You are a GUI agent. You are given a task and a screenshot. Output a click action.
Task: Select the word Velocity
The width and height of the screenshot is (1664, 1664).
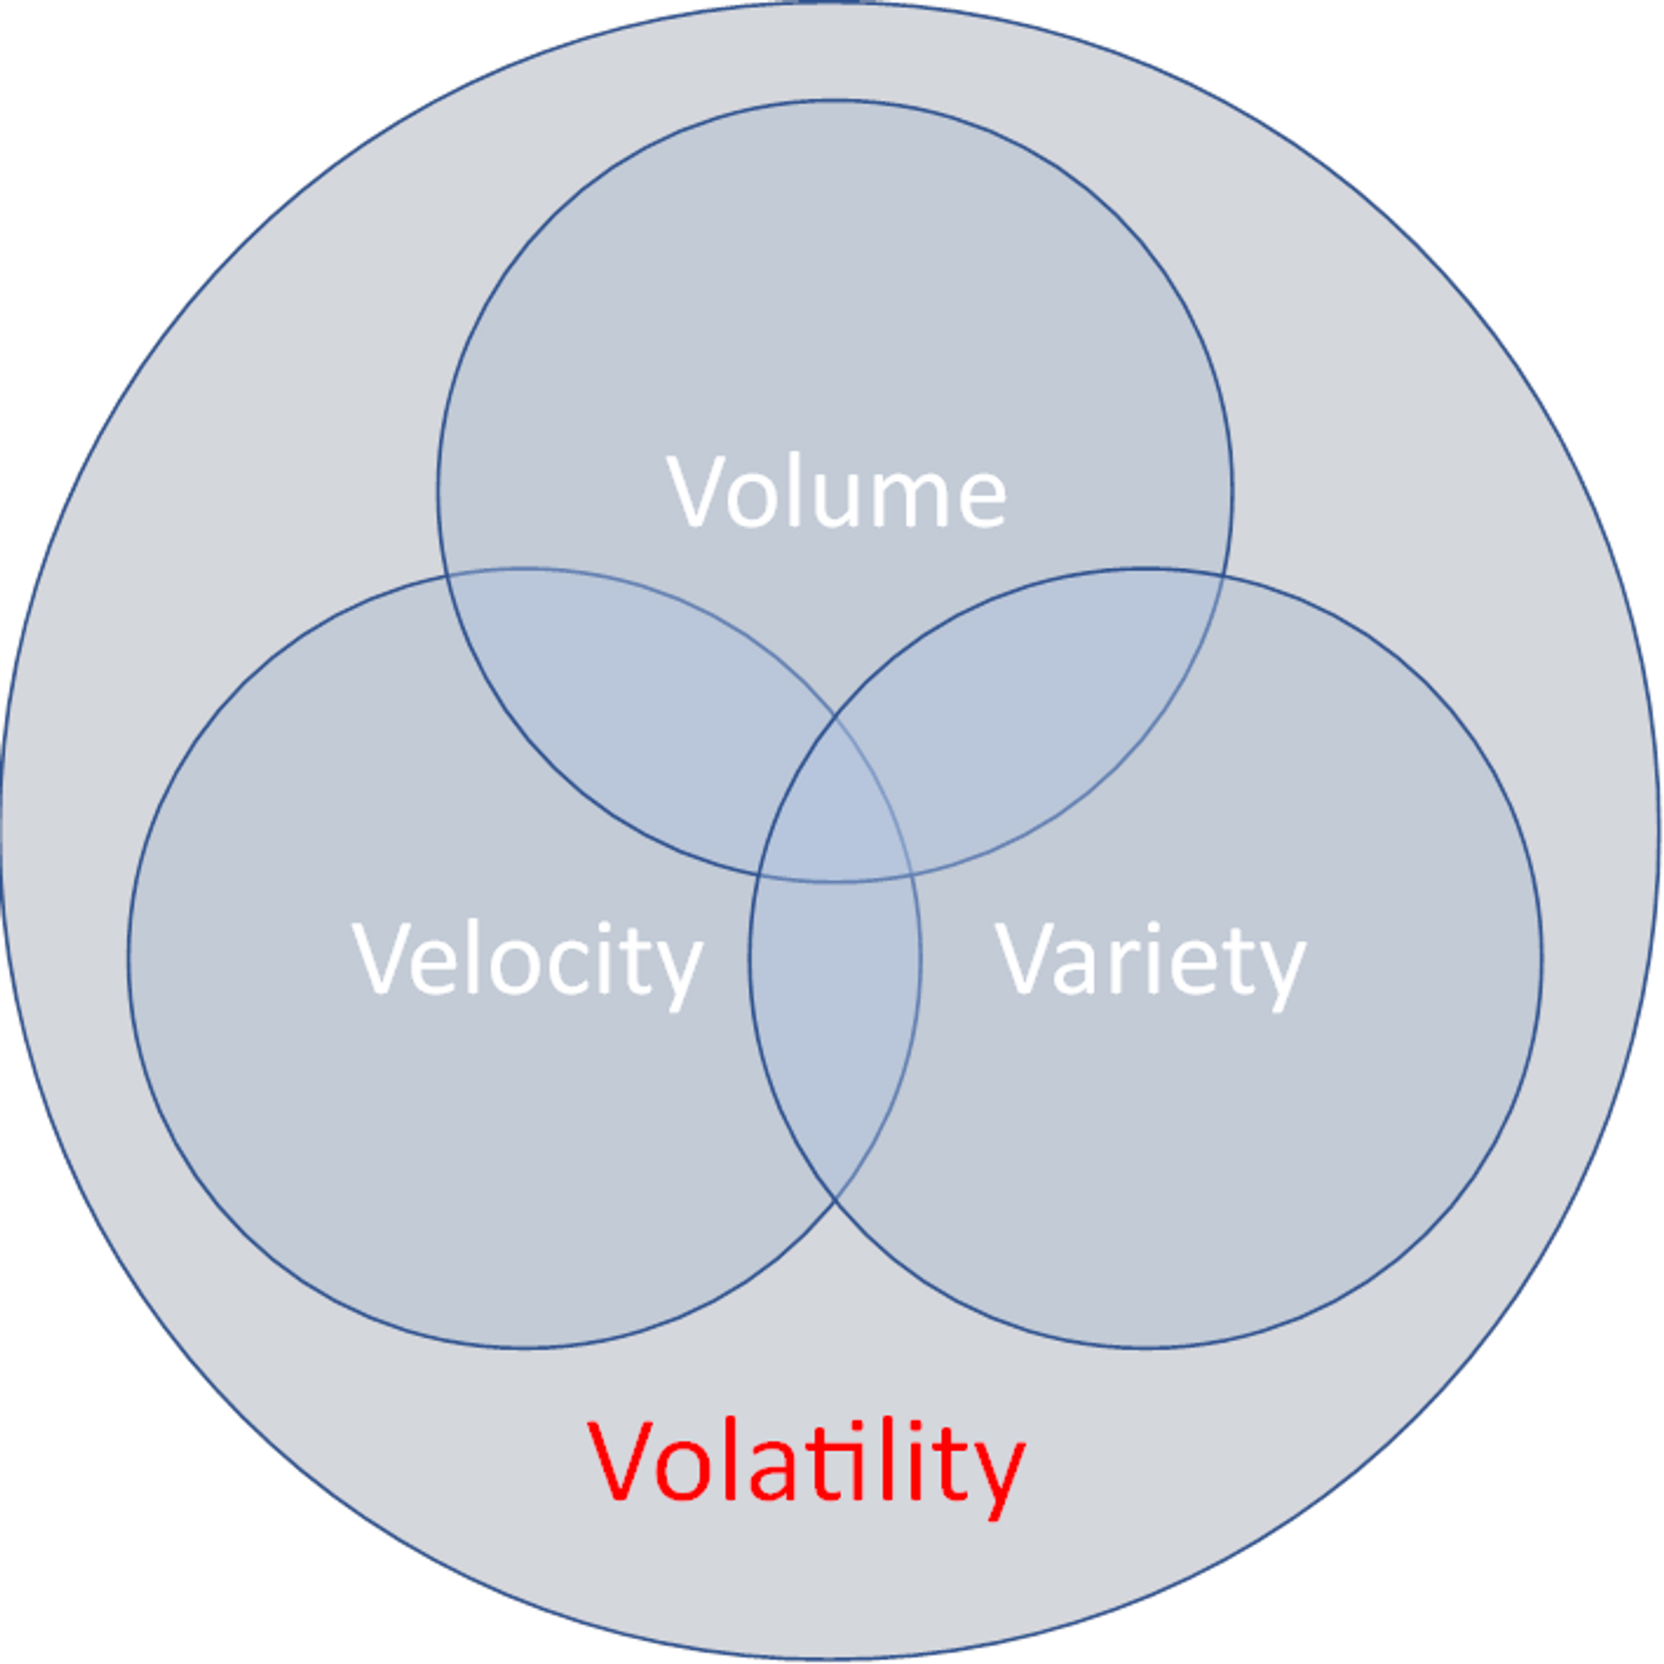(x=527, y=960)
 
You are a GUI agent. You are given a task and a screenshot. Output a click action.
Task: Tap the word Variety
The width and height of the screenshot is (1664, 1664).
(x=1151, y=960)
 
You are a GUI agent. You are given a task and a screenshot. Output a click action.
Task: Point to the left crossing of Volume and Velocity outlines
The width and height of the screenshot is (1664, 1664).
(x=445, y=576)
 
